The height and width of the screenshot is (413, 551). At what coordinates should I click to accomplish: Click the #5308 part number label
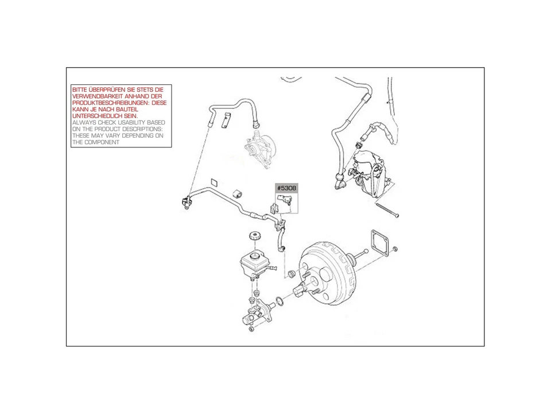286,188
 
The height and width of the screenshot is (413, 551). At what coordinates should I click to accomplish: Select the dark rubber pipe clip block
236,190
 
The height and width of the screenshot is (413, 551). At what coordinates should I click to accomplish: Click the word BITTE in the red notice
81,90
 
